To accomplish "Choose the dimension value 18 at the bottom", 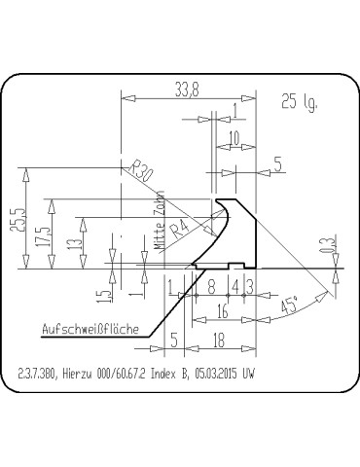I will click(x=219, y=340).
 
